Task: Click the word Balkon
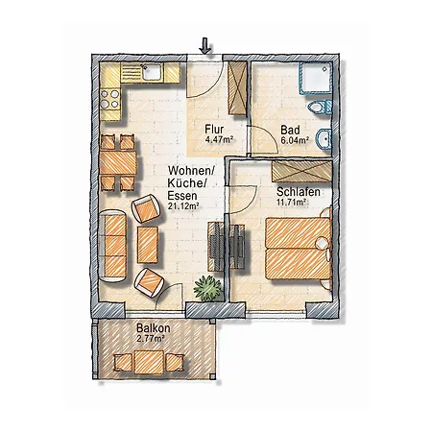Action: pos(150,328)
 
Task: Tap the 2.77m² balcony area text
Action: pos(151,339)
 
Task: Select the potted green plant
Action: pos(206,286)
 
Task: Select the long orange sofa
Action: pos(116,241)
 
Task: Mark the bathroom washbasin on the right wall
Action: pos(328,139)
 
